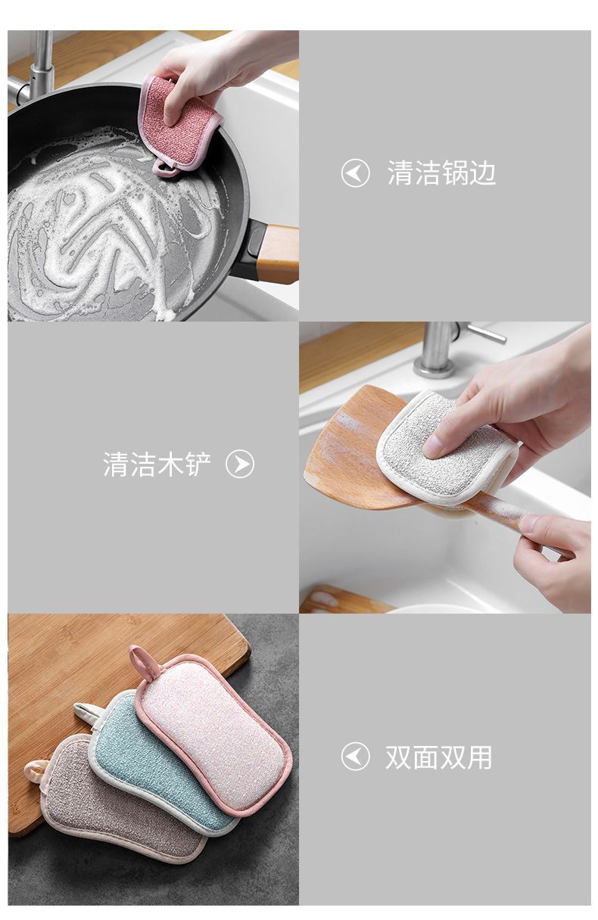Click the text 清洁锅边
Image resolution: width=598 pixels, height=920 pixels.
pos(441,173)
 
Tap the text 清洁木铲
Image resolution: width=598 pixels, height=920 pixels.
pos(157,464)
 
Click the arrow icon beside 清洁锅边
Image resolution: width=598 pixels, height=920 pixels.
pos(355,173)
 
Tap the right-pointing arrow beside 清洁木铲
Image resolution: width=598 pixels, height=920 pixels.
pos(240,464)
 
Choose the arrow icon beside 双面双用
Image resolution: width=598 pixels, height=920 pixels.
pos(355,757)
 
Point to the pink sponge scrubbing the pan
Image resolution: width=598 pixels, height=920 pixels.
pos(181,126)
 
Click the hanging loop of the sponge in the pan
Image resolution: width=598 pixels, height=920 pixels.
pos(164,169)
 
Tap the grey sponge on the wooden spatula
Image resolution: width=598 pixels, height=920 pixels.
pos(446,449)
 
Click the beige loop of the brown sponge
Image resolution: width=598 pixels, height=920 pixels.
pos(35,771)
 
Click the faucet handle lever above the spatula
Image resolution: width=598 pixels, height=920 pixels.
pos(487,334)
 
